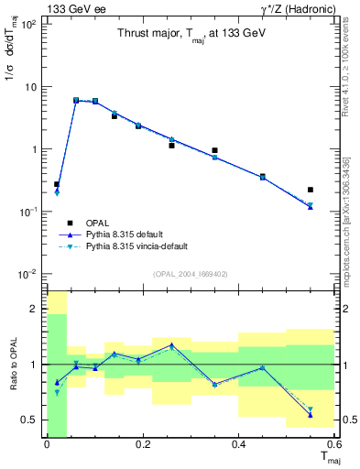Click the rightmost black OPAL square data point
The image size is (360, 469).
pos(311,190)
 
